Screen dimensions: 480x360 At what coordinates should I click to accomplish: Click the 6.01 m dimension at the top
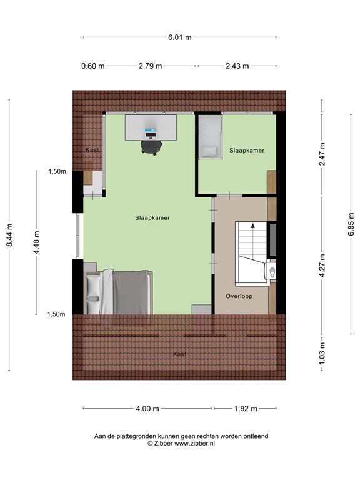(x=179, y=37)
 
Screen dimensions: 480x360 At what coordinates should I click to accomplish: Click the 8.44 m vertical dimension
(x=9, y=236)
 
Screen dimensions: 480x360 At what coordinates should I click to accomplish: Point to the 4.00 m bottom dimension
(x=147, y=409)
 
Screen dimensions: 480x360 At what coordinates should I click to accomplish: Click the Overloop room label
(x=239, y=296)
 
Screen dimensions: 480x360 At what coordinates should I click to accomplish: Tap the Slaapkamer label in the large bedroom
(x=152, y=218)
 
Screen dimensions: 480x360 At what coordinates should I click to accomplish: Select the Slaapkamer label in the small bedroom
(x=246, y=151)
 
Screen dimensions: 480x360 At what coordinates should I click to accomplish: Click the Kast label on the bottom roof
(x=180, y=354)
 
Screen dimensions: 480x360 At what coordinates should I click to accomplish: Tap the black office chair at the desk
(x=151, y=146)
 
